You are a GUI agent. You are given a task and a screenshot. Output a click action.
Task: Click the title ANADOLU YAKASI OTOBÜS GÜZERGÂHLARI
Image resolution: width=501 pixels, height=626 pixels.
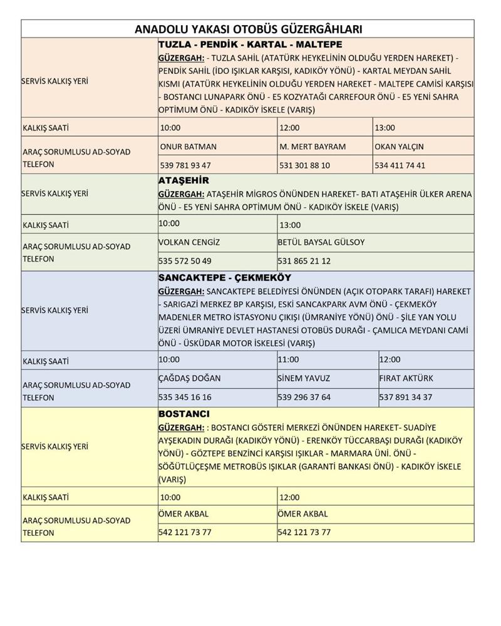pos(248,29)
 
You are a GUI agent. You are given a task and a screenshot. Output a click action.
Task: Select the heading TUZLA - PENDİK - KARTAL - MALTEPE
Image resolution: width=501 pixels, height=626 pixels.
pos(250,45)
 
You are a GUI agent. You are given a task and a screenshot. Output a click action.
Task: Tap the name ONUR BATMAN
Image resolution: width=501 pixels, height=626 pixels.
pos(189,146)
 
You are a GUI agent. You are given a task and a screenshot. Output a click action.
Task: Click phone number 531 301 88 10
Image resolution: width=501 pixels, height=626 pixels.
pos(304,166)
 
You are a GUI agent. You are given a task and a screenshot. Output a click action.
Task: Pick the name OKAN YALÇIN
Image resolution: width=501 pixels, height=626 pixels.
pos(399,146)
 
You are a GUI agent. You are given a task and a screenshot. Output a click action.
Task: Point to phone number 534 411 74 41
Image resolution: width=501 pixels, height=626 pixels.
pos(400,166)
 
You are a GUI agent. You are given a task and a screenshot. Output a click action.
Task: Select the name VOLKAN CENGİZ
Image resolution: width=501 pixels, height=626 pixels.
pos(190,242)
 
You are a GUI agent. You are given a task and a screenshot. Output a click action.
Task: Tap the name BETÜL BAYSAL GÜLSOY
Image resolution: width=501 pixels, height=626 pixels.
pos(321,242)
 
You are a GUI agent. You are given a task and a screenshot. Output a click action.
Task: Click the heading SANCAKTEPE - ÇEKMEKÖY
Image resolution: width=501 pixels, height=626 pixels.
pos(225,277)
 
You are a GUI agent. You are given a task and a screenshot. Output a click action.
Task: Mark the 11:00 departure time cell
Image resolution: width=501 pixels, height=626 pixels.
pos(289,360)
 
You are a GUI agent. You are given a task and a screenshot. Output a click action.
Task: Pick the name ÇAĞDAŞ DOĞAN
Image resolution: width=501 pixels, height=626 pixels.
pos(190,378)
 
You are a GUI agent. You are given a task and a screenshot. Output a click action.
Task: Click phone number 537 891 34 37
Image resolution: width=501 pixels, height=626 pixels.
pos(405,398)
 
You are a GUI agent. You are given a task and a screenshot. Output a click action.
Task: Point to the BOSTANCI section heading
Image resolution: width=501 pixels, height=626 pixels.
pos(184,414)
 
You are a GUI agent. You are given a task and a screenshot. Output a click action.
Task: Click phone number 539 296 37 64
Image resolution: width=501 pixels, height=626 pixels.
pos(304,398)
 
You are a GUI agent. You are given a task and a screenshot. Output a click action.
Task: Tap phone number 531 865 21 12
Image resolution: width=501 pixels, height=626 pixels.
pos(304,261)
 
